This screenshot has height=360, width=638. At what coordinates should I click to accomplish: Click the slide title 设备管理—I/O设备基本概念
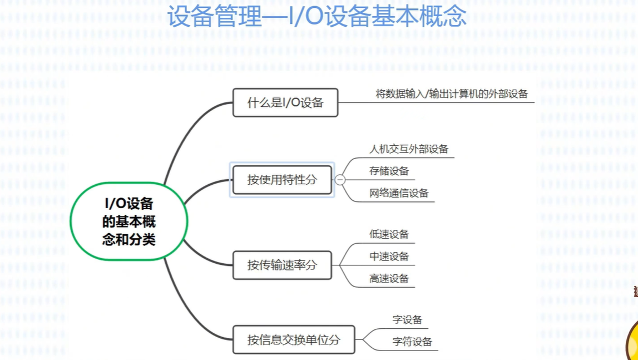(317, 17)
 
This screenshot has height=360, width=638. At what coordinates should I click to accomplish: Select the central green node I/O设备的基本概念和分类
(129, 221)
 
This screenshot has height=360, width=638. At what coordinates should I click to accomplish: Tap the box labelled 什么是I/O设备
(285, 102)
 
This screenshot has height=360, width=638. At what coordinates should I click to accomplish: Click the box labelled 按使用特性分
(282, 180)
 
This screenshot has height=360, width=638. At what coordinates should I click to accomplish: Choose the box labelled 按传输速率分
(282, 265)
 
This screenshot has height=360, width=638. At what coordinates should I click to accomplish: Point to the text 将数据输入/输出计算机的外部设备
(452, 94)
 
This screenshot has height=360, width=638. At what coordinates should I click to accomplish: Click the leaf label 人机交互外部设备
(409, 149)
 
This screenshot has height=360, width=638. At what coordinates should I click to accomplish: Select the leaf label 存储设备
(389, 171)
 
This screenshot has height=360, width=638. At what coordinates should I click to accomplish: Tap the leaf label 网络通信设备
(399, 193)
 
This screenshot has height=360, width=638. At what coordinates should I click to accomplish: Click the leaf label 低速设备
(389, 234)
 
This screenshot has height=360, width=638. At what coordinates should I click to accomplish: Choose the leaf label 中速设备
(389, 257)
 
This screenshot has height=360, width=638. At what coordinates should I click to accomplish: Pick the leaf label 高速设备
(389, 278)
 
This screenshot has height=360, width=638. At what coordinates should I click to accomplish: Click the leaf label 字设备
(407, 319)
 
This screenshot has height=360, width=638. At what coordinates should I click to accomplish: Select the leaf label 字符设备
(412, 342)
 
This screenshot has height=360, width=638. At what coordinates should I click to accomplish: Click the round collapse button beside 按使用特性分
(340, 180)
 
